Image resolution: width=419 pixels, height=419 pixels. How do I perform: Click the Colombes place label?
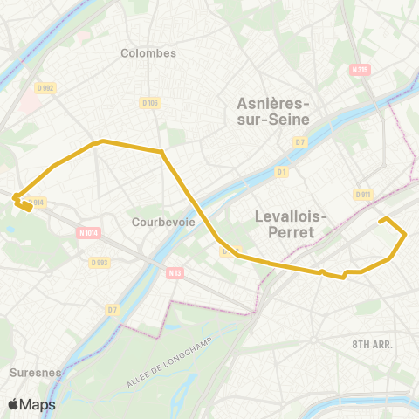(148, 52)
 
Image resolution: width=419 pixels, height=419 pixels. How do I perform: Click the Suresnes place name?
(34, 372)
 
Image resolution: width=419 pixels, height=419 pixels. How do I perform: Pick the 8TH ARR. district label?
(373, 344)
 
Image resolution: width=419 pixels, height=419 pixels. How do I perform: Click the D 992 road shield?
(46, 87)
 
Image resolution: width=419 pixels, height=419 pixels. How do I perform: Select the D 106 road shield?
(149, 103)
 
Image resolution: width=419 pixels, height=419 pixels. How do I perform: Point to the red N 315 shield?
(357, 70)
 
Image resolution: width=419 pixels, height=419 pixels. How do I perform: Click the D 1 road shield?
(281, 171)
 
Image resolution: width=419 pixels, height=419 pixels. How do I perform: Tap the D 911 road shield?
(364, 194)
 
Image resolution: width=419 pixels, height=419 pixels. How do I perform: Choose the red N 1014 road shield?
(88, 233)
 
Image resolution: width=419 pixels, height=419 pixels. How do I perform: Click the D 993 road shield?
(100, 262)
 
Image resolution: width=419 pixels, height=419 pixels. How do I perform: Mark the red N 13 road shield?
(175, 273)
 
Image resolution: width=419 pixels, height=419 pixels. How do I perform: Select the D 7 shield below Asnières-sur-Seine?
(300, 141)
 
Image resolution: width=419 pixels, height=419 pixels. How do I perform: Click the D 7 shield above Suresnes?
(112, 309)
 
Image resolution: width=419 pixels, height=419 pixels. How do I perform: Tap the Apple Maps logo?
(31, 404)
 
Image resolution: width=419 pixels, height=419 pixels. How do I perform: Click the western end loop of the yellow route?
(23, 203)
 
